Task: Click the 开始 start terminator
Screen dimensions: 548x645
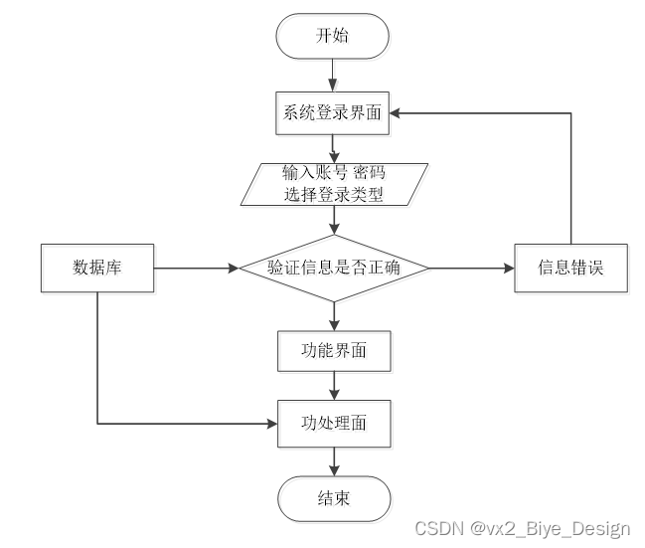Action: click(334, 37)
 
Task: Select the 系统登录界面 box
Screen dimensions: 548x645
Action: click(334, 114)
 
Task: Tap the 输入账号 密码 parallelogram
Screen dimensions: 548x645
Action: click(334, 184)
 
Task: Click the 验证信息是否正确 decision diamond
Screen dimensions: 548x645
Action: click(334, 268)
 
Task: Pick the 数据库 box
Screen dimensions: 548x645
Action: click(97, 268)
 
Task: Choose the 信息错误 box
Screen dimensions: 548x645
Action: click(571, 268)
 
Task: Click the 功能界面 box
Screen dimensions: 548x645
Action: click(334, 350)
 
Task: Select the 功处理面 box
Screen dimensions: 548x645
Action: click(334, 423)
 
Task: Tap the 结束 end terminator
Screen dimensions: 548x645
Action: click(334, 497)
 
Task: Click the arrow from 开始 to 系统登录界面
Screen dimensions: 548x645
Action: click(334, 76)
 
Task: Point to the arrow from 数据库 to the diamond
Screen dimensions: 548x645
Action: click(197, 268)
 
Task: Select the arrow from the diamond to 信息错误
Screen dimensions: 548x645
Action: click(471, 268)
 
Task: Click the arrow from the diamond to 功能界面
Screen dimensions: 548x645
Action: click(334, 316)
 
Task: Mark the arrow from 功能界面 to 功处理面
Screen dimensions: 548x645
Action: click(334, 386)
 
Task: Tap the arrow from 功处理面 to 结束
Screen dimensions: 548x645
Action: click(334, 460)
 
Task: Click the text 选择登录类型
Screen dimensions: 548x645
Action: click(334, 195)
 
